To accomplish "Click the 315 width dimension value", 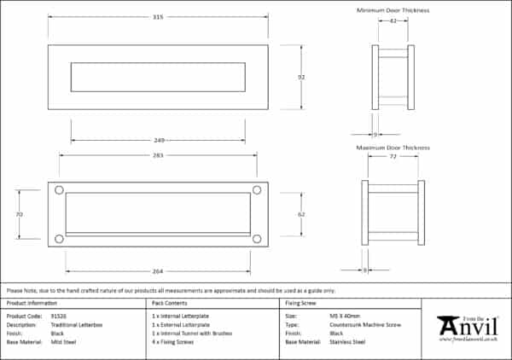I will (x=157, y=16).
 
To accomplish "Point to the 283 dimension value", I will (x=157, y=155).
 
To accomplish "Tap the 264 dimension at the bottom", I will (x=157, y=271).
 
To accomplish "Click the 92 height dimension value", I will (x=301, y=77).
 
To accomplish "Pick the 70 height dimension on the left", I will (x=19, y=214).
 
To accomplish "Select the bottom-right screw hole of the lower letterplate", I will (x=256, y=239).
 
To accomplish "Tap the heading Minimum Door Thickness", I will (x=393, y=10).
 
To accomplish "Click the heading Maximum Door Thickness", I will (x=393, y=148).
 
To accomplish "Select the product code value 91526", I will (x=61, y=316).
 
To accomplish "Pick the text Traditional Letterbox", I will (x=79, y=324).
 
